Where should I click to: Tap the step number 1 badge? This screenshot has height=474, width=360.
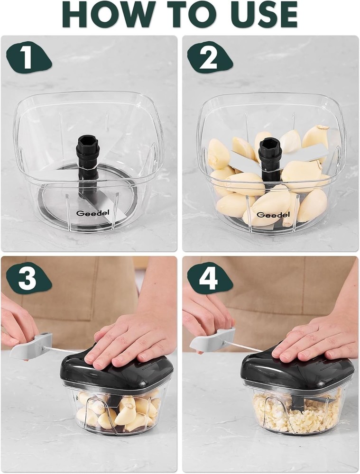pyautogui.click(x=28, y=59)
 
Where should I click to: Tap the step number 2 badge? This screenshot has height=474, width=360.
pyautogui.click(x=209, y=59)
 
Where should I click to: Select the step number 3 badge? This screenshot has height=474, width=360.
pyautogui.click(x=28, y=279)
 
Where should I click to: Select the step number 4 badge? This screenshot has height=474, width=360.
pyautogui.click(x=209, y=279)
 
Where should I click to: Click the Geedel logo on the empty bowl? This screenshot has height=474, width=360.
pyautogui.click(x=86, y=213)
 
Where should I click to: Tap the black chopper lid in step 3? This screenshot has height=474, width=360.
pyautogui.click(x=116, y=374)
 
